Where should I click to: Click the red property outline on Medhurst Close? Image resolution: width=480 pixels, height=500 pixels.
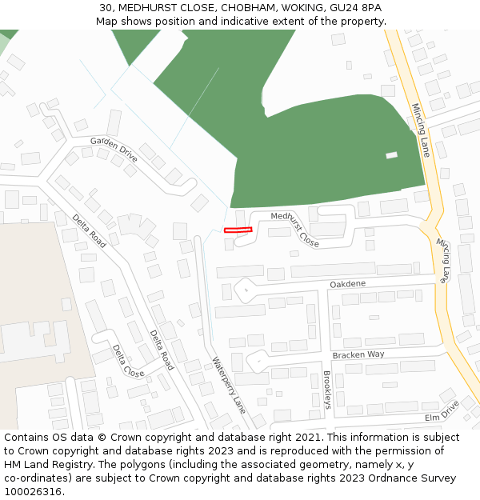[x=238, y=230]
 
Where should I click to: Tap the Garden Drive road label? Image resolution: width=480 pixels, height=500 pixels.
[x=114, y=148]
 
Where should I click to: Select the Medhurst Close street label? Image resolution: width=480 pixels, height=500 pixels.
[x=294, y=227]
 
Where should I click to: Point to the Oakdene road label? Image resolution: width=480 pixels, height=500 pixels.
[x=347, y=284]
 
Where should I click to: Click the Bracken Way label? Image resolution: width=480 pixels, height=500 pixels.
[x=358, y=354]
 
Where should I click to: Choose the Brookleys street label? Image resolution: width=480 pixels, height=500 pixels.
[x=326, y=390]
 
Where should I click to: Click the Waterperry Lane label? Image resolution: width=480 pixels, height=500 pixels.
[x=229, y=384]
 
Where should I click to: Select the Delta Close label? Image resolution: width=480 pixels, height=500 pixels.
[x=128, y=362]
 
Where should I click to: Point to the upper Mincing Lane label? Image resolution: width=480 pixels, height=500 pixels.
[x=421, y=129]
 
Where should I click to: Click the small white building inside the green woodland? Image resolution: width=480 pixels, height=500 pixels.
[x=391, y=155]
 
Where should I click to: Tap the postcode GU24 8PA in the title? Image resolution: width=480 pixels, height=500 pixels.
[x=356, y=8]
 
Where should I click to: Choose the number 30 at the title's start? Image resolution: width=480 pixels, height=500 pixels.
[x=106, y=8]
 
